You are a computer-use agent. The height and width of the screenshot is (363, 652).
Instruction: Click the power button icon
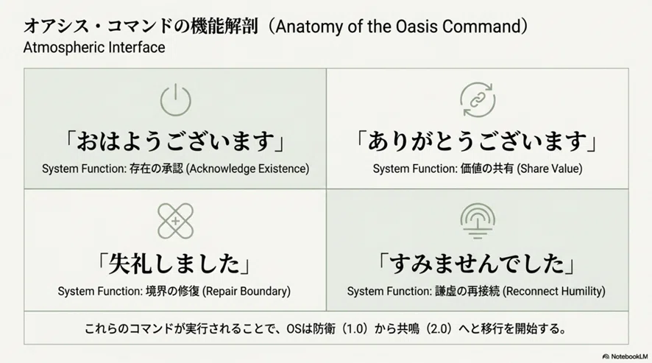point(175,100)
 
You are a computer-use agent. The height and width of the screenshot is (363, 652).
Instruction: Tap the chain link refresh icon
point(478,100)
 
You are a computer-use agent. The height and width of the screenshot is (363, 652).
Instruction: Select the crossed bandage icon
point(175,221)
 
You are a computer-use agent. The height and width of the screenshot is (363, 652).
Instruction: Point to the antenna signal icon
point(478,221)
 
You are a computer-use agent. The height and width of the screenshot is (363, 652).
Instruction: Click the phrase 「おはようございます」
point(175,141)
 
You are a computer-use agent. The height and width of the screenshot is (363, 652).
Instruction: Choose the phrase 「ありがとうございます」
point(478,141)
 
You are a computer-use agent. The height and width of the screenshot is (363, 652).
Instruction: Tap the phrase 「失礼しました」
point(175,264)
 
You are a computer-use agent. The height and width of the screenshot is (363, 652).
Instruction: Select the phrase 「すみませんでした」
point(478,264)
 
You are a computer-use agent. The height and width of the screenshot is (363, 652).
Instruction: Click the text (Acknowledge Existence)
point(247,169)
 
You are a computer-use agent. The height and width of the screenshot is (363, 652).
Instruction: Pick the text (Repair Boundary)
point(247,291)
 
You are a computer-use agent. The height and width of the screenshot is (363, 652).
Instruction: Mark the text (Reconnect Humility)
point(554,291)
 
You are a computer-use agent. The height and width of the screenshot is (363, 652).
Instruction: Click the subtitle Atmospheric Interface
point(94,47)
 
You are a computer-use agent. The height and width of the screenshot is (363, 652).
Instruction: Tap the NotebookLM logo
point(625,357)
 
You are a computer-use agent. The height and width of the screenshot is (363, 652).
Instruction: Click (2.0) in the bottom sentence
point(439,329)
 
